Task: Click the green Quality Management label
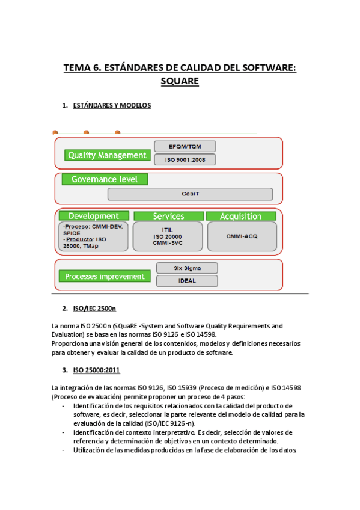(107, 155)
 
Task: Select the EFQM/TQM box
(185, 146)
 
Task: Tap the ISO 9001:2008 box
(185, 159)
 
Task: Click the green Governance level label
(105, 179)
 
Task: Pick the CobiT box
(190, 194)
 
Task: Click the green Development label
(94, 216)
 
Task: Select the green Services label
(168, 216)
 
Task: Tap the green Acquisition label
(240, 216)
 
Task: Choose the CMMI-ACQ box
(242, 236)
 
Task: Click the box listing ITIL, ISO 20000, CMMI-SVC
(168, 236)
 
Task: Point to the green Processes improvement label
(105, 277)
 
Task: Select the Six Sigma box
(186, 268)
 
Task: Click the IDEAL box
(186, 281)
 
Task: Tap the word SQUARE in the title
(180, 81)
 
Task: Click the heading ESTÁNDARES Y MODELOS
(111, 106)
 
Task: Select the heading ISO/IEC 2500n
(94, 309)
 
